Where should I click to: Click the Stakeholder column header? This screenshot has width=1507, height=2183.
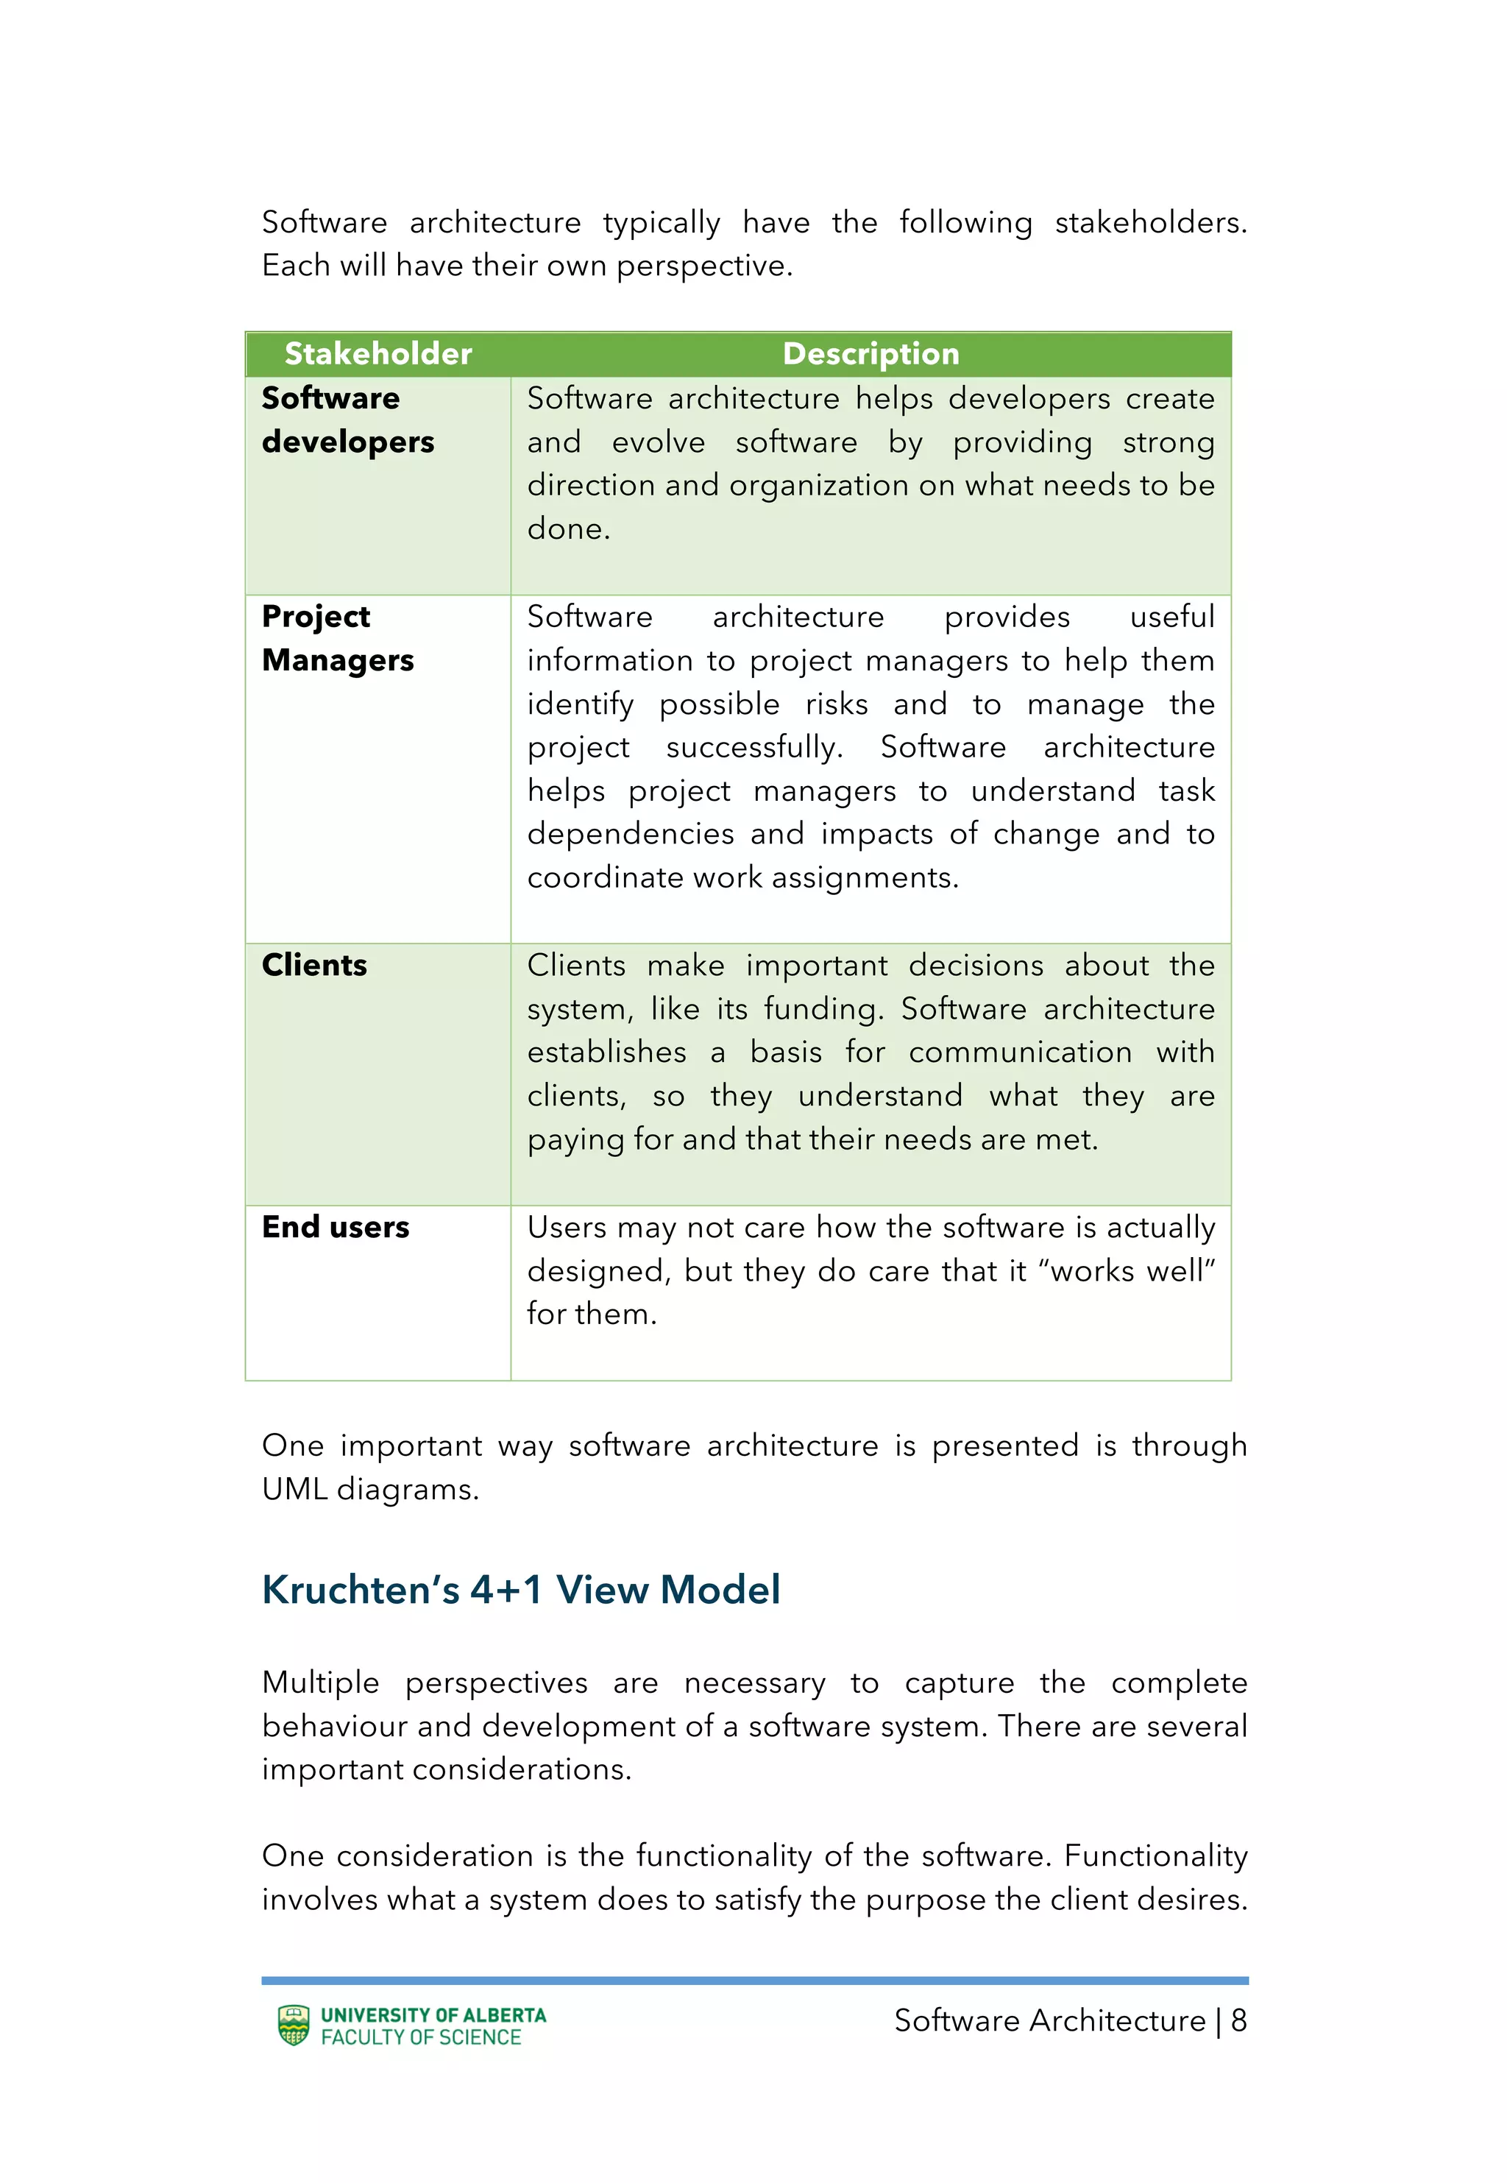(x=377, y=354)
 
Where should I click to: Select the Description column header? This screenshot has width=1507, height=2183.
(x=870, y=354)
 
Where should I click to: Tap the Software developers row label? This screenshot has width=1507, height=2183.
(x=347, y=420)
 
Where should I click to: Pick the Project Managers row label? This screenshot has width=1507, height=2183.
(x=337, y=638)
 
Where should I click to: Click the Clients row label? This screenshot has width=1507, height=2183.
(x=314, y=965)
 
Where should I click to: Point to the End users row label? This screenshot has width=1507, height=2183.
(x=336, y=1226)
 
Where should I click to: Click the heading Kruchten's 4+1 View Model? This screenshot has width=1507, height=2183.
(x=520, y=1590)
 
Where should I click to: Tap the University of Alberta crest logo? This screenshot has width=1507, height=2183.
(x=294, y=2025)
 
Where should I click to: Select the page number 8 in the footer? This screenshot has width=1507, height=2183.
(x=1238, y=2020)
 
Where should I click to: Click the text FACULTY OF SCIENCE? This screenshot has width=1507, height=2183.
(x=421, y=2037)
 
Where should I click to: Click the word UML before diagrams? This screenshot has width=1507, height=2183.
(x=294, y=1489)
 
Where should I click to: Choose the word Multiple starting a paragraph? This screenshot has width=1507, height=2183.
(x=320, y=1683)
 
